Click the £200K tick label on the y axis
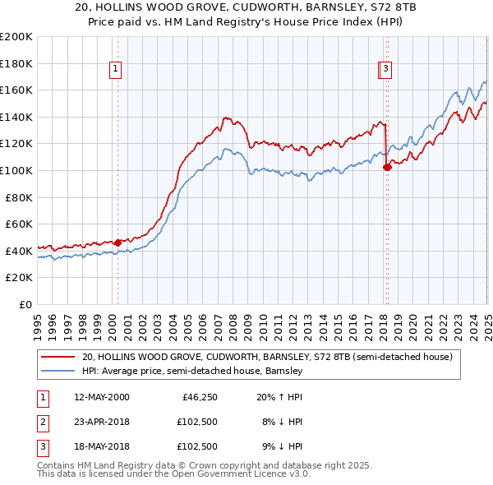coord(16,37)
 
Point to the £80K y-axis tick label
coord(19,197)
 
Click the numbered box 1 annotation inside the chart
coord(116,70)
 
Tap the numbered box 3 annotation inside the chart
coord(385,70)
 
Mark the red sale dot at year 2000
coord(117,242)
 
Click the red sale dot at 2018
coord(387,167)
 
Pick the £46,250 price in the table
coord(197,397)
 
